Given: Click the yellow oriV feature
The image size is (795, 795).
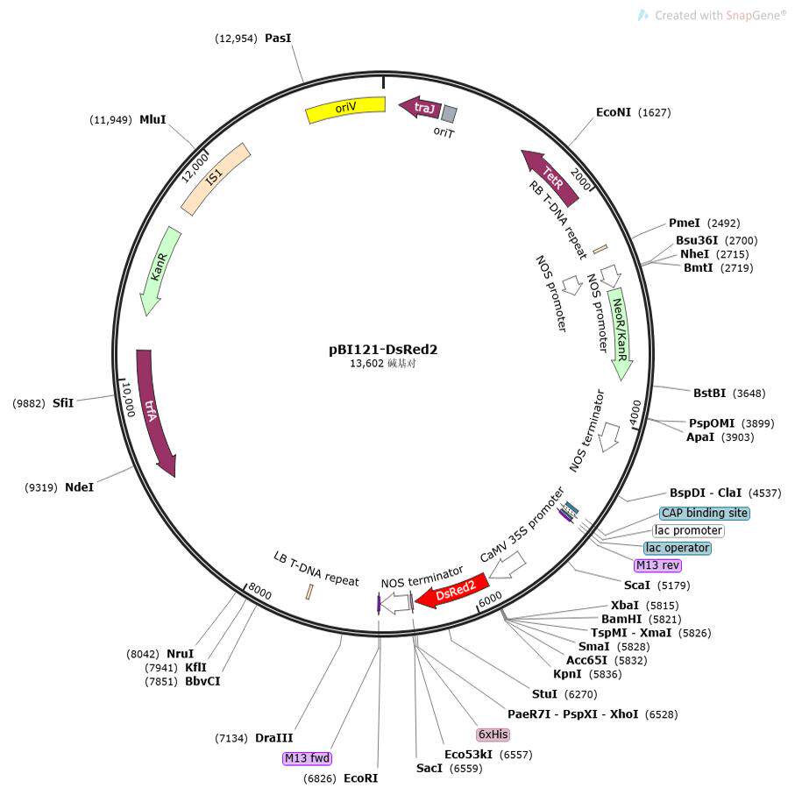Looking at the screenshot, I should point(345,110).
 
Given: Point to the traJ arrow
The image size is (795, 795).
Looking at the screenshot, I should point(420,108).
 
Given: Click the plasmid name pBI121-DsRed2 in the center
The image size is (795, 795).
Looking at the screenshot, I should point(383,349).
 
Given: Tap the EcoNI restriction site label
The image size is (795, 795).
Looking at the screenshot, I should point(614,112).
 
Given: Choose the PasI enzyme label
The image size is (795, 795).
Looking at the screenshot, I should point(278,39).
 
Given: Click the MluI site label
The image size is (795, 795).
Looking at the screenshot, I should point(153,119).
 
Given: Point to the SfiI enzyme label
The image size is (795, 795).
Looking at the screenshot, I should point(63,402).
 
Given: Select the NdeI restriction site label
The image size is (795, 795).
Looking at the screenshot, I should point(79,486).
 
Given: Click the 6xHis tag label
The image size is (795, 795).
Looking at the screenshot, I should point(493,734).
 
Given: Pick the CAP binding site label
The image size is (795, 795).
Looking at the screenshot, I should point(705,513).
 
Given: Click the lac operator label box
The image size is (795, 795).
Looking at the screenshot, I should point(677,548).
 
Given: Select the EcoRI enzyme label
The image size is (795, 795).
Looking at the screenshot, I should point(360,778).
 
